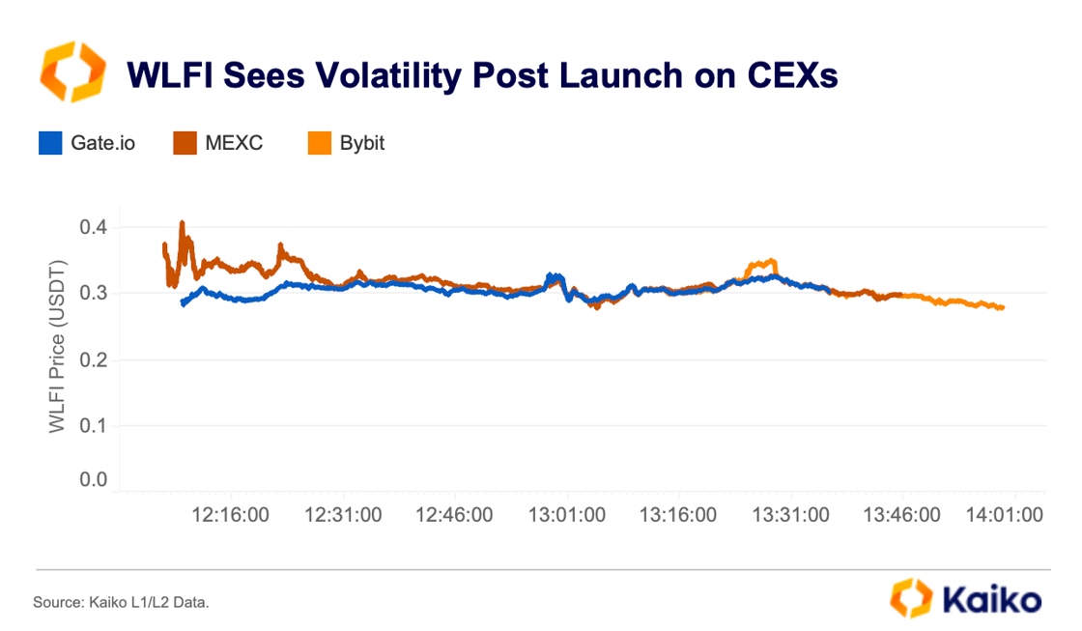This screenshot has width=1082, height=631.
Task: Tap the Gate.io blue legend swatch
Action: pyautogui.click(x=50, y=143)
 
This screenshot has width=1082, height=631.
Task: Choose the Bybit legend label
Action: pyautogui.click(x=362, y=143)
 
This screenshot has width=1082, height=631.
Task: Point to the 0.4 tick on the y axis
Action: pyautogui.click(x=95, y=228)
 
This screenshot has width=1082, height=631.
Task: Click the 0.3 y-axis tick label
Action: pyautogui.click(x=95, y=294)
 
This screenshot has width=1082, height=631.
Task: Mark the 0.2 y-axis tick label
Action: pyautogui.click(x=95, y=360)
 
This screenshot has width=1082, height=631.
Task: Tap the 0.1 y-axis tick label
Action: pyautogui.click(x=95, y=426)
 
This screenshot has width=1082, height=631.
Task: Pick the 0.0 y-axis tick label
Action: pyautogui.click(x=95, y=480)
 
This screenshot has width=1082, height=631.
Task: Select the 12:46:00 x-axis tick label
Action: pyautogui.click(x=454, y=515)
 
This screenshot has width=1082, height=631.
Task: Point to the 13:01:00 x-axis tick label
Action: pyautogui.click(x=566, y=515)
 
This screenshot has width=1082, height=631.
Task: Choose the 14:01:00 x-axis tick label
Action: pyautogui.click(x=1005, y=515)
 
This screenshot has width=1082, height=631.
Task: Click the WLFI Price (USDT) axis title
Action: pyautogui.click(x=58, y=346)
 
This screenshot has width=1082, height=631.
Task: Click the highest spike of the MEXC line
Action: pyautogui.click(x=182, y=224)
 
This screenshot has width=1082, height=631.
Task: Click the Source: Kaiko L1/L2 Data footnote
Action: pyautogui.click(x=121, y=602)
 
